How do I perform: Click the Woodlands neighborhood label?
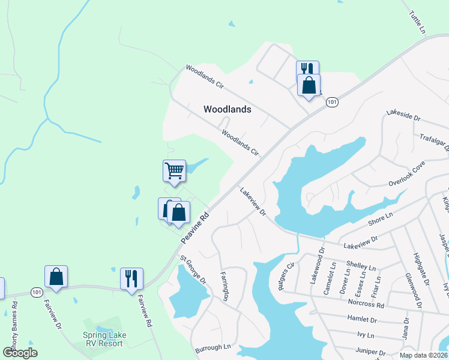[227, 109]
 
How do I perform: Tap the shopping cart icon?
[174, 170]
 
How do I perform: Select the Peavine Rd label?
[194, 227]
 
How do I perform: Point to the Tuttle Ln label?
[420, 22]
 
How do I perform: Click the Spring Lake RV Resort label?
[103, 339]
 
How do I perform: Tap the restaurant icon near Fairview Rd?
[131, 278]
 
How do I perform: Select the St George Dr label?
[193, 270]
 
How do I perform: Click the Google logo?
[20, 353]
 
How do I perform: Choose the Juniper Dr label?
[370, 352]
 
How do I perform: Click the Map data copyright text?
[423, 355]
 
